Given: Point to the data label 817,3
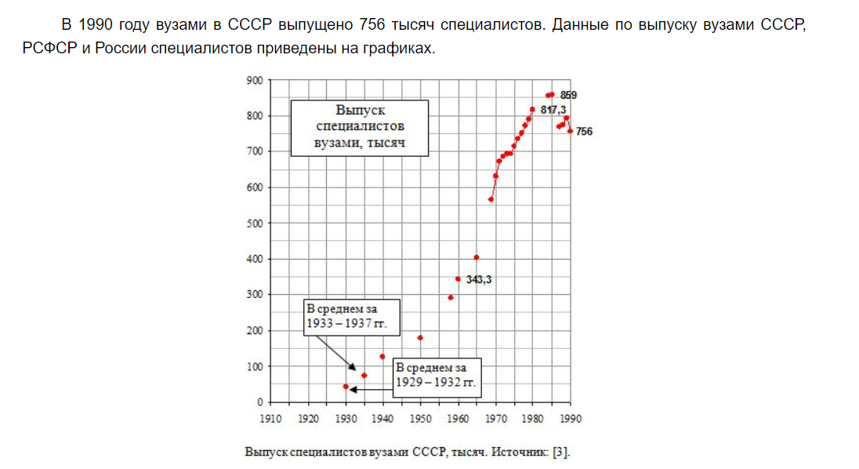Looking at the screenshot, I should [x=553, y=110].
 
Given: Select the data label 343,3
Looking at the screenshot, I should [x=478, y=279].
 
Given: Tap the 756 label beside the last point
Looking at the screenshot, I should [x=584, y=132].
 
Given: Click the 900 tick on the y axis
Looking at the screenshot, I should [x=254, y=80].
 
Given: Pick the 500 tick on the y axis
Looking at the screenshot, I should [x=254, y=223].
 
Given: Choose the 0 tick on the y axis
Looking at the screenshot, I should [x=259, y=402].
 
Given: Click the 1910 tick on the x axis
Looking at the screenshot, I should [x=270, y=419].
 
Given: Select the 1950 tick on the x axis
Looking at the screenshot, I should [x=420, y=419].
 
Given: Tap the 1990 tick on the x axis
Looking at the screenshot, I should [x=571, y=419].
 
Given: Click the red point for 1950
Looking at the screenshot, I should [x=420, y=338].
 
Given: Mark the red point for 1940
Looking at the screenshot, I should [x=382, y=357].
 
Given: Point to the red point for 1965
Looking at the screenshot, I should [x=477, y=257].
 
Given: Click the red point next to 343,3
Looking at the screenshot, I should [x=458, y=278].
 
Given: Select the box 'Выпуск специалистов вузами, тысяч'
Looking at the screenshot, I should [x=360, y=127].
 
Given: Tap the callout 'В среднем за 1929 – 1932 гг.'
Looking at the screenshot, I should [x=435, y=376].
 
